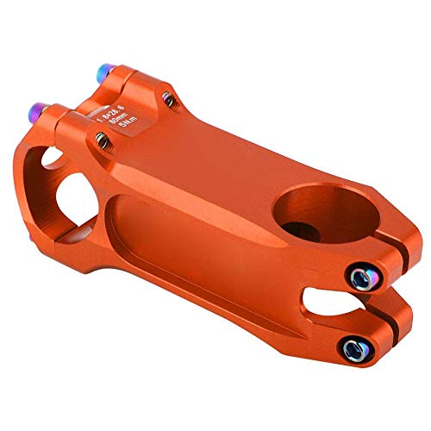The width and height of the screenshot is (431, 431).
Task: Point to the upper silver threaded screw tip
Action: point(171,102)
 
